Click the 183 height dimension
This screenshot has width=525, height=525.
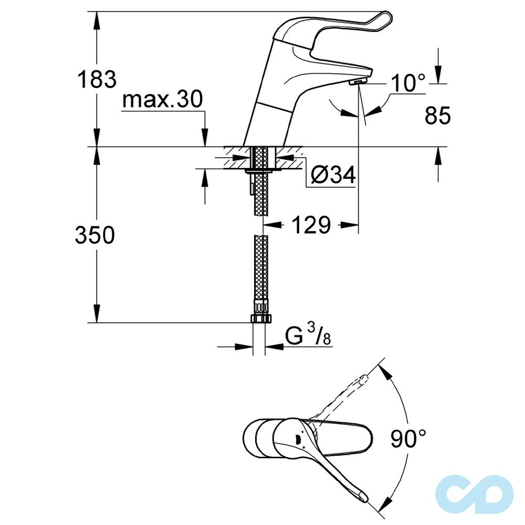coord(96,80)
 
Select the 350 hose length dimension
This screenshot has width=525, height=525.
coord(94,235)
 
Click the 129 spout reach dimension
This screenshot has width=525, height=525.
coord(311,225)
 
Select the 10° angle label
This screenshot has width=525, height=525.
coord(407,82)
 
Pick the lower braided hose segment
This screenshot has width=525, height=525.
coord(260,268)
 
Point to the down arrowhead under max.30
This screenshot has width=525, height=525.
coord(205,140)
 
